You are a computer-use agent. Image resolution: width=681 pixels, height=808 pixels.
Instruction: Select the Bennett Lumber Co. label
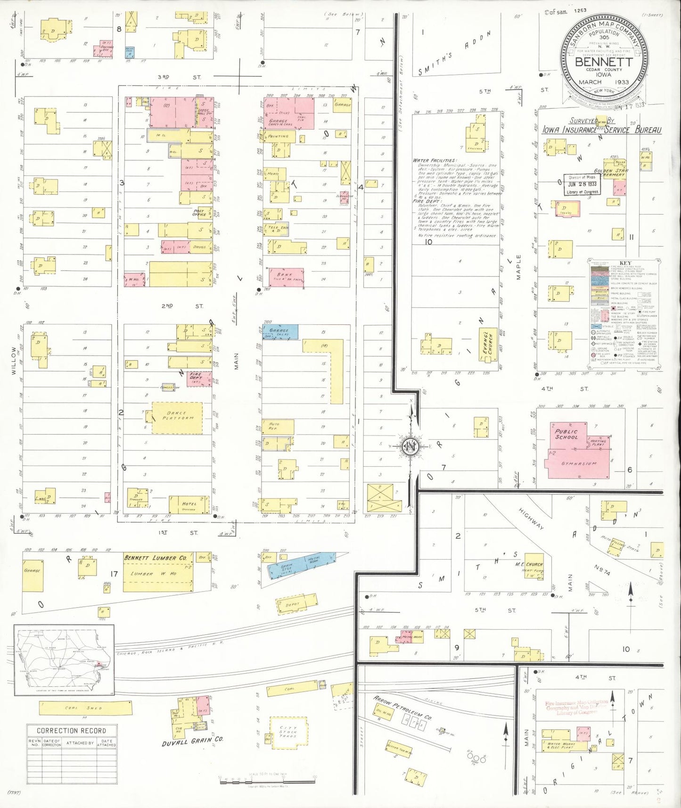[155, 558]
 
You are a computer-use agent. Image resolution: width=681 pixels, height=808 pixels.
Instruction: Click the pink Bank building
[286, 277]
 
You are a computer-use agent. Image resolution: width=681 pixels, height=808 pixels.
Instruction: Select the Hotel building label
[189, 504]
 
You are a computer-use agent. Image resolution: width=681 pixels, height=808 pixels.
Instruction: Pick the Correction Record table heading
[72, 731]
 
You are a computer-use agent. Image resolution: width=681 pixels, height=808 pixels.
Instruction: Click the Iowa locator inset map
[64, 660]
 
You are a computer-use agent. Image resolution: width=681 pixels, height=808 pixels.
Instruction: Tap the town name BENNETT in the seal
[604, 62]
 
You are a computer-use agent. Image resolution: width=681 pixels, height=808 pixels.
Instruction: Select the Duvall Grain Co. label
[192, 742]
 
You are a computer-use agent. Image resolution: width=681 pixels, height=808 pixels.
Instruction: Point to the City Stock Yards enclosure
[288, 732]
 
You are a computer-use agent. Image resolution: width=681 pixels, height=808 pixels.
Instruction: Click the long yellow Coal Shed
[85, 708]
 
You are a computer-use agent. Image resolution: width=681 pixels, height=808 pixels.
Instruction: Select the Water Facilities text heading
[434, 161]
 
